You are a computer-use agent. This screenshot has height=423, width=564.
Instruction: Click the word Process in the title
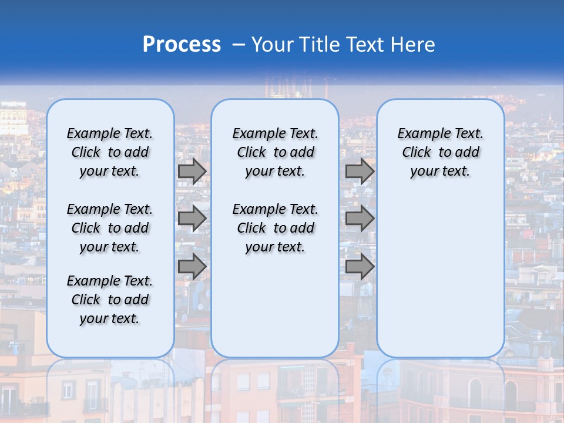pos(182,45)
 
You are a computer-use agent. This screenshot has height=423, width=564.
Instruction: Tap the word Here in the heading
pos(414,45)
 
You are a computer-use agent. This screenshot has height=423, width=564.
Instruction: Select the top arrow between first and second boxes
pos(192,171)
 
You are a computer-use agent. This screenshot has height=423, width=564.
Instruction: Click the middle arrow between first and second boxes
pos(192,219)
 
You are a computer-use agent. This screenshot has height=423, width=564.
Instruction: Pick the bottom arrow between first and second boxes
pos(192,267)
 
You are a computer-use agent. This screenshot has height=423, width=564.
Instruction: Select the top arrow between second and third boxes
pos(360,171)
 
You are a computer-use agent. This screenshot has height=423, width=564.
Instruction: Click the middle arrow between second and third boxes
pos(360,219)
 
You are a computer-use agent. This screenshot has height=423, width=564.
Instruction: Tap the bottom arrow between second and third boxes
pos(360,267)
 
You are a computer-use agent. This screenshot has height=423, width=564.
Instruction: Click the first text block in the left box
pos(110,152)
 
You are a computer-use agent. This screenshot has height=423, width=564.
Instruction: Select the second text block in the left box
pos(110,228)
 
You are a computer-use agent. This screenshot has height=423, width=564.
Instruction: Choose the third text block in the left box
pos(110,300)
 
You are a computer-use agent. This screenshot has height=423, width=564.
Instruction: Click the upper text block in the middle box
pos(275,152)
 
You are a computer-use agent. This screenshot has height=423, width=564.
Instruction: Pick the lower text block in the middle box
pos(275,228)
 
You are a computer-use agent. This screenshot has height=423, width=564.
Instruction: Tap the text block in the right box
pos(440,152)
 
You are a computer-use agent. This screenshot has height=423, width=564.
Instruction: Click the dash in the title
pos(239,45)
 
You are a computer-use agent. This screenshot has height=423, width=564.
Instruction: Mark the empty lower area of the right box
pos(440,270)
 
